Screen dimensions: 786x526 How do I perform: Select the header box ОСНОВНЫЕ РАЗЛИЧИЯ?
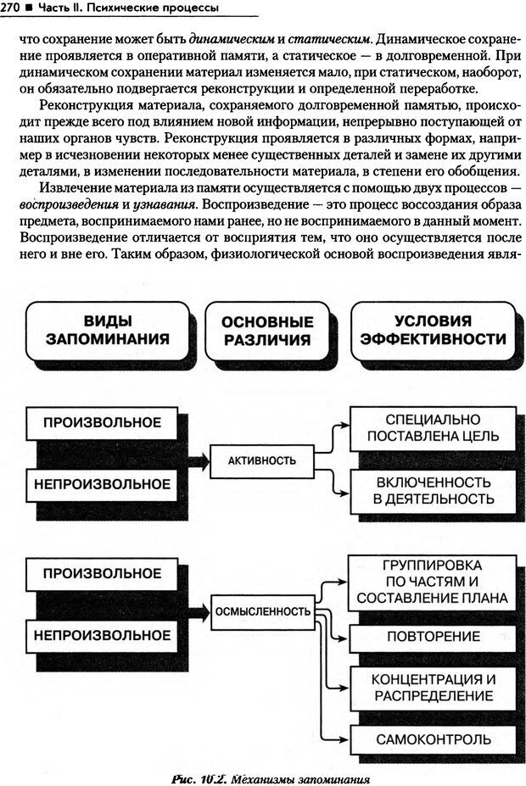[x=267, y=332]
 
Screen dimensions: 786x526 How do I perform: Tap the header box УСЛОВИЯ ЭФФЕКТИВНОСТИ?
[x=433, y=331]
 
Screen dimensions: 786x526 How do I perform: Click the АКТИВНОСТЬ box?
[x=262, y=460]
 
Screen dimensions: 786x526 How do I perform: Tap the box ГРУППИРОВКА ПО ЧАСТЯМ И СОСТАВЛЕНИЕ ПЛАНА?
[x=434, y=582]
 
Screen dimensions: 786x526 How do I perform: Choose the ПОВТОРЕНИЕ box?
[x=434, y=635]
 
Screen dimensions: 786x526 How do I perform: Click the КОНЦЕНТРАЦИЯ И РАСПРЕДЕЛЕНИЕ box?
[x=434, y=688]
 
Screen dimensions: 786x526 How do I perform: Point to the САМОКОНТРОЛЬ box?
[x=434, y=739]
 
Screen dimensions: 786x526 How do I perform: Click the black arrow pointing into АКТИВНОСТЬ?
[x=197, y=460]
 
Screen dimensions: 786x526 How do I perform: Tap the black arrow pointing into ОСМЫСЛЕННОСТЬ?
[x=197, y=610]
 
